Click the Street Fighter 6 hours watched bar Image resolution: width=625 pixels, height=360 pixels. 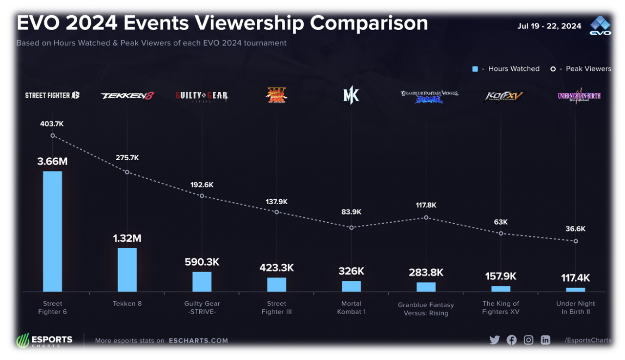(x=52, y=231)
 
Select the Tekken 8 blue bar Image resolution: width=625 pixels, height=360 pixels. (x=127, y=270)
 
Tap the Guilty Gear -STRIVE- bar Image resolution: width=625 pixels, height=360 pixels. (x=202, y=281)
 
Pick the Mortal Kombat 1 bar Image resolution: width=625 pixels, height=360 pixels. (x=351, y=286)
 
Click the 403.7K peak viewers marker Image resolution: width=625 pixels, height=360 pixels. (x=52, y=135)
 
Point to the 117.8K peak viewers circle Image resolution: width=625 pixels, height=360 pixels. (x=426, y=217)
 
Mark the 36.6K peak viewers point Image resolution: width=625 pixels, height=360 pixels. (x=576, y=241)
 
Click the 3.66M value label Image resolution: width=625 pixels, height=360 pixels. (x=52, y=161)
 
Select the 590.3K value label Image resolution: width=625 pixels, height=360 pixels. (x=202, y=262)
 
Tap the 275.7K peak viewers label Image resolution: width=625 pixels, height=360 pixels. (x=127, y=158)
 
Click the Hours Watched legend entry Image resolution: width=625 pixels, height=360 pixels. (x=506, y=69)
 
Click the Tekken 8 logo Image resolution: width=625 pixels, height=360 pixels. (x=127, y=96)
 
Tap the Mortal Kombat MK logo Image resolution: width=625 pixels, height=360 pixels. (x=351, y=95)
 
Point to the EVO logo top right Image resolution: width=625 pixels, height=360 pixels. (x=600, y=26)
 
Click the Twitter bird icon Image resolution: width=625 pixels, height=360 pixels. (x=494, y=340)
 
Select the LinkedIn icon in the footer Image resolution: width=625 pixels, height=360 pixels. (x=545, y=340)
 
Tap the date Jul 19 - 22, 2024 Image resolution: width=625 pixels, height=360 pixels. (x=549, y=26)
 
